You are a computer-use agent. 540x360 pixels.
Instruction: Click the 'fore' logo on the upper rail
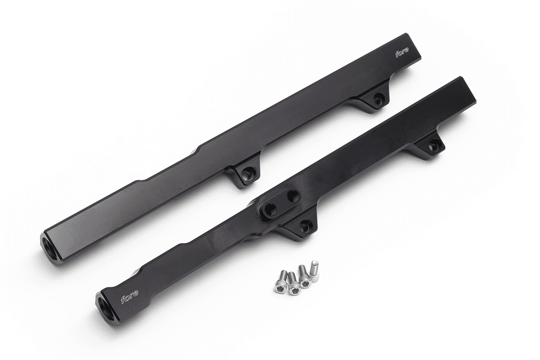pyautogui.click(x=402, y=54)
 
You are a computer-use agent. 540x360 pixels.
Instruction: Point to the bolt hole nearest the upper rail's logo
pyautogui.click(x=377, y=100)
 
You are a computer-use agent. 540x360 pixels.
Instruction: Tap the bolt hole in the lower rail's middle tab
pyautogui.click(x=305, y=226)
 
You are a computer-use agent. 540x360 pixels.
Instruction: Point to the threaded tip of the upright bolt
pyautogui.click(x=315, y=263)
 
